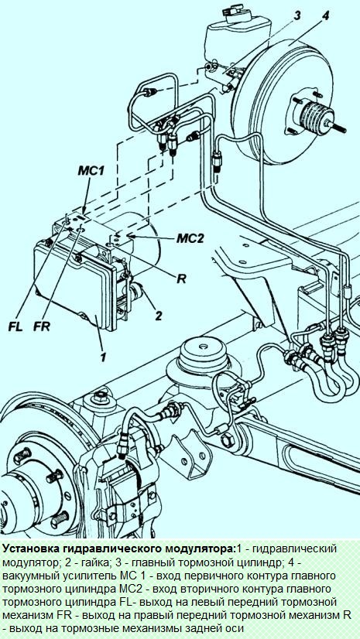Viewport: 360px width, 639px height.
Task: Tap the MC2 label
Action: (x=190, y=238)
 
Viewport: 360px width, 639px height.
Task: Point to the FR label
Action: (x=43, y=326)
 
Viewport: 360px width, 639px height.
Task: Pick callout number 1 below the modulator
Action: (x=103, y=357)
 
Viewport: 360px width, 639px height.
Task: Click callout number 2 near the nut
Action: (x=159, y=315)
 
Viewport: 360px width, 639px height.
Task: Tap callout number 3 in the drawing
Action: (x=297, y=16)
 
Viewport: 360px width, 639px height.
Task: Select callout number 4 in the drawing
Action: (x=325, y=16)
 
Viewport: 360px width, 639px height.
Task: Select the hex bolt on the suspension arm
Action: (x=226, y=441)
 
